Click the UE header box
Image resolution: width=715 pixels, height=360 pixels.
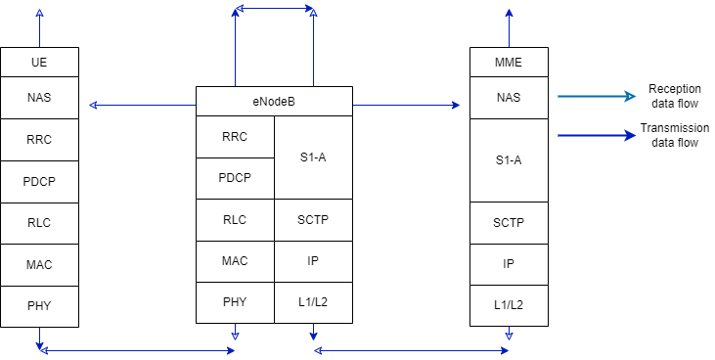[39, 62]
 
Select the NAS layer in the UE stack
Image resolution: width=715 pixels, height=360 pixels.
[39, 97]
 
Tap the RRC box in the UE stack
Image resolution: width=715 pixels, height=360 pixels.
[39, 139]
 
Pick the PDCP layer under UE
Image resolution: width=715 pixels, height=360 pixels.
[39, 181]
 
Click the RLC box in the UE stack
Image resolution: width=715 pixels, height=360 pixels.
[39, 223]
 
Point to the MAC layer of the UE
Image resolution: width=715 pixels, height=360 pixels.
[39, 265]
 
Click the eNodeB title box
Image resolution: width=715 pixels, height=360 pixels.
[273, 101]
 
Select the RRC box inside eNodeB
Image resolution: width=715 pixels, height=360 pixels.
[235, 136]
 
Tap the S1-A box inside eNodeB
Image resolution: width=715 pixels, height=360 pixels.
[312, 157]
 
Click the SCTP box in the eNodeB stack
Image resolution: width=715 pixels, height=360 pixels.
[312, 220]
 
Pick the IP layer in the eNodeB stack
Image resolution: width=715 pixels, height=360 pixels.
[312, 261]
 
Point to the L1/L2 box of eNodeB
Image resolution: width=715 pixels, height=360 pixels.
[312, 302]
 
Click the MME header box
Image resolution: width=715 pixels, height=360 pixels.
[508, 62]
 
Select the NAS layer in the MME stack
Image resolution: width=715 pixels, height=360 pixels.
[508, 97]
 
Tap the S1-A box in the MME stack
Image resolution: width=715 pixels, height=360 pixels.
[508, 159]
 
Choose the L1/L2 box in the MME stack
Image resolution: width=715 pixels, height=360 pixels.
[508, 305]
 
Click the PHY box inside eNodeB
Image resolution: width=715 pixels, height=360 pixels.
[235, 302]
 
